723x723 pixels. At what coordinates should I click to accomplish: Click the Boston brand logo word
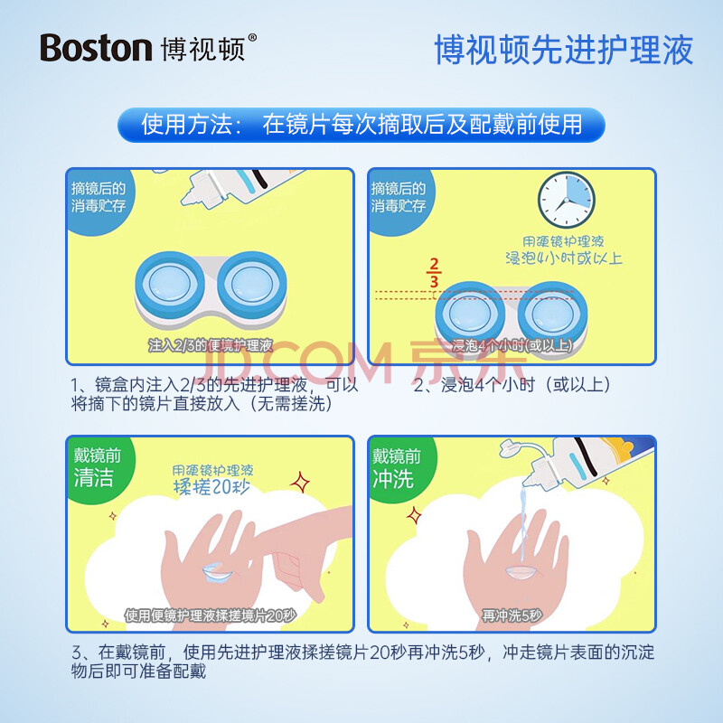coord(96,48)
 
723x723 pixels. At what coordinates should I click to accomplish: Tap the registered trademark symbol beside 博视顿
coord(252,38)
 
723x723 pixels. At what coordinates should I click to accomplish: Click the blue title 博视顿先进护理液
coord(564,50)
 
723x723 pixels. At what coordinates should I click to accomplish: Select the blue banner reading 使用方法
coord(361,125)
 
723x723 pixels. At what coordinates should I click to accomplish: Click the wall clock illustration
coord(567,200)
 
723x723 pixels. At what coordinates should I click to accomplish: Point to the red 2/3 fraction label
coord(434,273)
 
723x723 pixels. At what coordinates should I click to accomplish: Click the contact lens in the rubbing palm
coord(218,573)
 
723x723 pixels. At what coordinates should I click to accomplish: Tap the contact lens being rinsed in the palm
coord(521,573)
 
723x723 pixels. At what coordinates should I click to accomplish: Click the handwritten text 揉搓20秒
coord(211,487)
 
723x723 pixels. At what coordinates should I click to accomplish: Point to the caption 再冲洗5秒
coord(512,615)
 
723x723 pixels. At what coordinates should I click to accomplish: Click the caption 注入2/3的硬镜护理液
coord(211,345)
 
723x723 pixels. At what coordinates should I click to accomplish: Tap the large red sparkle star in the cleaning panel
coord(300,483)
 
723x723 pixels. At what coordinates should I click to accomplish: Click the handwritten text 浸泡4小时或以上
coord(563,258)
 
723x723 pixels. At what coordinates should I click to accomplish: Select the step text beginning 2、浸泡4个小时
coord(512,385)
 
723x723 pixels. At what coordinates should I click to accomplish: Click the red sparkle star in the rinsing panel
coord(414,515)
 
